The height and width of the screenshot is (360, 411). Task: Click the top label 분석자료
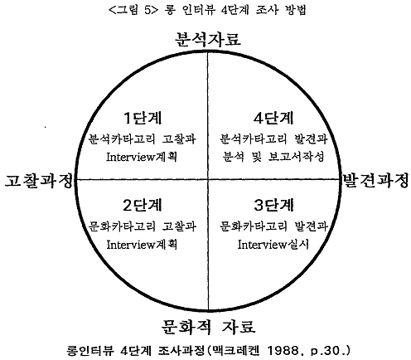(x=208, y=40)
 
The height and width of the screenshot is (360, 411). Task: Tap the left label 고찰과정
(x=39, y=181)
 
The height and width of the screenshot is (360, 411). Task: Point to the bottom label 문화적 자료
(x=208, y=327)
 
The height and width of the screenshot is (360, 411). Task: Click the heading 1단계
(x=143, y=118)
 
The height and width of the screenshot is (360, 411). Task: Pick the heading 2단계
(x=143, y=205)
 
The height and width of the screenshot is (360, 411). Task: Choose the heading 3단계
(x=273, y=205)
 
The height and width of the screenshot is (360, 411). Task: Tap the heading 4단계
(x=273, y=118)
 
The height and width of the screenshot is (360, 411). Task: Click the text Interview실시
(x=273, y=245)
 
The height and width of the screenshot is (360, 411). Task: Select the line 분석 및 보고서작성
(x=273, y=157)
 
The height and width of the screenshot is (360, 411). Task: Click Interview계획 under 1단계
(x=142, y=157)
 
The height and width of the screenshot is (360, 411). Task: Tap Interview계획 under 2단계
(x=142, y=245)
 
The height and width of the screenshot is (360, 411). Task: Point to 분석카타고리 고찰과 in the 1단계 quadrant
(x=143, y=139)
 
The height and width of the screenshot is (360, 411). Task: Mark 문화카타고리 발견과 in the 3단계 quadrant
(x=273, y=226)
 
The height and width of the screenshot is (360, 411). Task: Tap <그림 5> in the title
(x=133, y=11)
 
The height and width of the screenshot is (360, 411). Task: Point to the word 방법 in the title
(x=295, y=10)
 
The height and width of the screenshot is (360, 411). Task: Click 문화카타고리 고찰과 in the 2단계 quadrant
(x=143, y=226)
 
